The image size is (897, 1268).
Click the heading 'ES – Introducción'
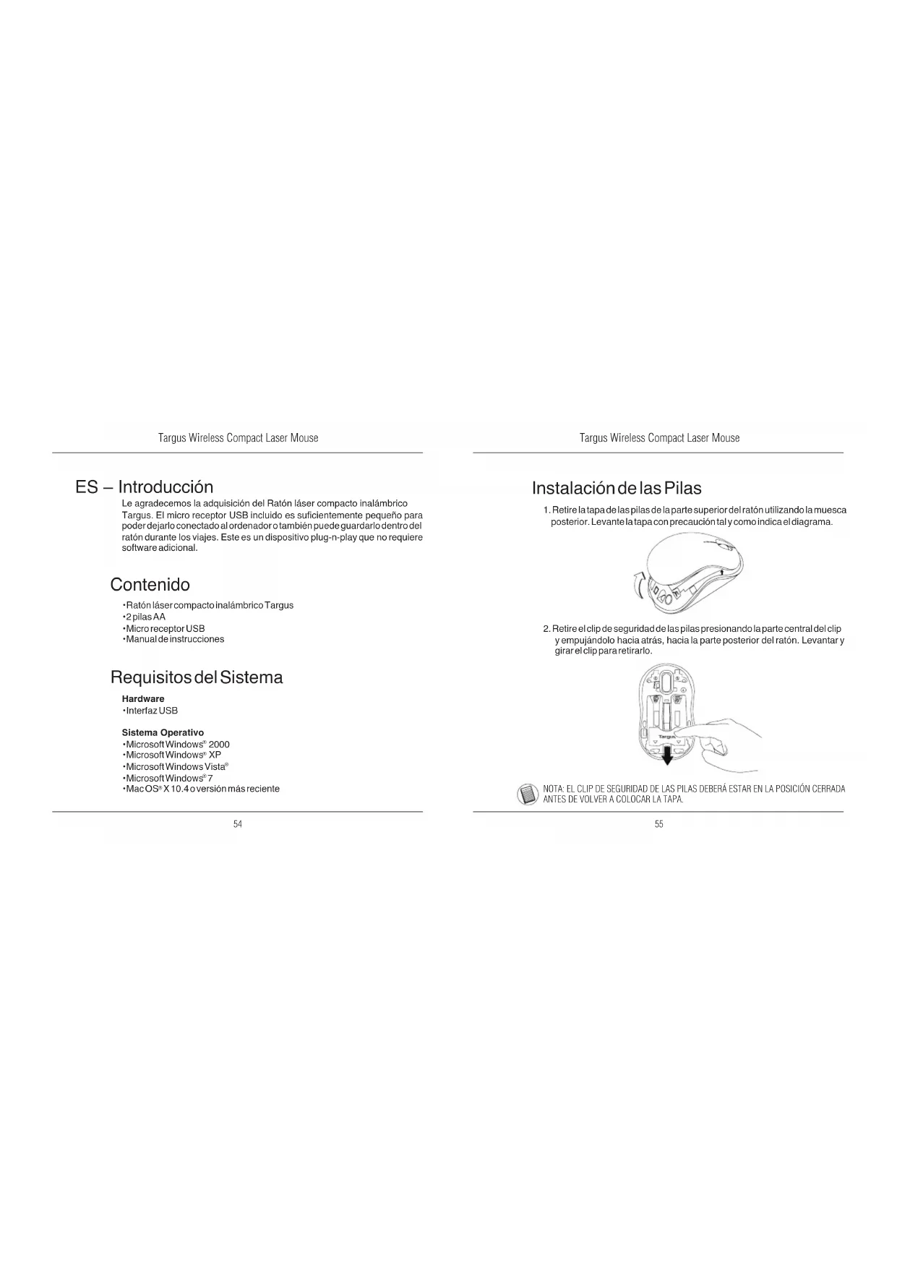(145, 487)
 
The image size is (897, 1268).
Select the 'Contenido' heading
(150, 584)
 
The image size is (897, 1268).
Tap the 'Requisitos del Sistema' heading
(197, 677)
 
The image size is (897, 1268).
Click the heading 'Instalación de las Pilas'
(617, 488)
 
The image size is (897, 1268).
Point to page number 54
(238, 824)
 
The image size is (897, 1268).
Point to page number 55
(658, 824)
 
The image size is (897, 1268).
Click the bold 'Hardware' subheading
(143, 699)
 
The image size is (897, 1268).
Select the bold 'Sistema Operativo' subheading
(163, 732)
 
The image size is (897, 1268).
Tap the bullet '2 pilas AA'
(145, 617)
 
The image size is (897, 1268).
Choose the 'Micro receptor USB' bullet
(165, 628)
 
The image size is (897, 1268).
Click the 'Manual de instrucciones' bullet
(174, 639)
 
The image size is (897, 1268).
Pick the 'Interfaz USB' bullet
(151, 711)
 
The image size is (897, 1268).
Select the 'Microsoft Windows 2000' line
(177, 744)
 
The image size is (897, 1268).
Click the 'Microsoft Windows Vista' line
(176, 766)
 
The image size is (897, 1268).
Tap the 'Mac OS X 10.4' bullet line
(202, 789)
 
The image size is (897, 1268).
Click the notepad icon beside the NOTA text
(528, 794)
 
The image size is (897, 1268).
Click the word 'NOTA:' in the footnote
(553, 789)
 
